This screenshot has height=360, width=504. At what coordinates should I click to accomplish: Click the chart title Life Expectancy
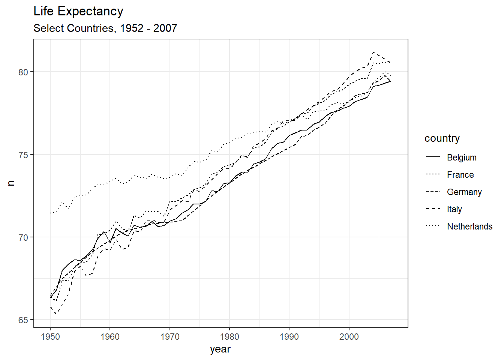pyautogui.click(x=78, y=11)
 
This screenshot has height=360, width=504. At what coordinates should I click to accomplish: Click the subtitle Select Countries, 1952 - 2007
pyautogui.click(x=105, y=28)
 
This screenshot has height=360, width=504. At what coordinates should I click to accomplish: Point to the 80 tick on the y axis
pyautogui.click(x=23, y=72)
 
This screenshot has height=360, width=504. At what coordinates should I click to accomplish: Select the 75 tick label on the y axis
pyautogui.click(x=23, y=155)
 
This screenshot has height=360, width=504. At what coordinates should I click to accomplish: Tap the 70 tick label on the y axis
pyautogui.click(x=23, y=237)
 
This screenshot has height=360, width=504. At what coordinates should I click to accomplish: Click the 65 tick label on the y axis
pyautogui.click(x=23, y=320)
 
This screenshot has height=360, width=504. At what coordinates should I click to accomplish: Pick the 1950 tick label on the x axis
pyautogui.click(x=50, y=336)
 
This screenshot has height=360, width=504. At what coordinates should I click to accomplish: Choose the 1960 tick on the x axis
pyautogui.click(x=110, y=336)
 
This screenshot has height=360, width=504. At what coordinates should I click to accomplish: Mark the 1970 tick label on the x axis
pyautogui.click(x=170, y=336)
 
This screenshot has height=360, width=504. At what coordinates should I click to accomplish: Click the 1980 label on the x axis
pyautogui.click(x=229, y=336)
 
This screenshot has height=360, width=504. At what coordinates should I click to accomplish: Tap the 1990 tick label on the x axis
pyautogui.click(x=289, y=336)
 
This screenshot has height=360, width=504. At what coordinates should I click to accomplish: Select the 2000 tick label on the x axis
pyautogui.click(x=349, y=336)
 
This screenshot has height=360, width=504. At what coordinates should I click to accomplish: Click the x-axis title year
pyautogui.click(x=220, y=349)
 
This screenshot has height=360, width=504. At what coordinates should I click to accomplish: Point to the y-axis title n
pyautogui.click(x=11, y=183)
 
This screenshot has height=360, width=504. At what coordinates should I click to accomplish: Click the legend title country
pyautogui.click(x=442, y=138)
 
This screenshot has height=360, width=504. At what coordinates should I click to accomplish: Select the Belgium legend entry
pyautogui.click(x=462, y=157)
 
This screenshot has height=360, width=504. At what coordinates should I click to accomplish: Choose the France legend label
pyautogui.click(x=460, y=175)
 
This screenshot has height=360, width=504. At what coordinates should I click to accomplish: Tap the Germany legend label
pyautogui.click(x=464, y=192)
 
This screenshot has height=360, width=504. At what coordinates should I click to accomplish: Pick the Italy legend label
pyautogui.click(x=454, y=209)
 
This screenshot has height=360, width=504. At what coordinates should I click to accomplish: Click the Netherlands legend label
pyautogui.click(x=469, y=226)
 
